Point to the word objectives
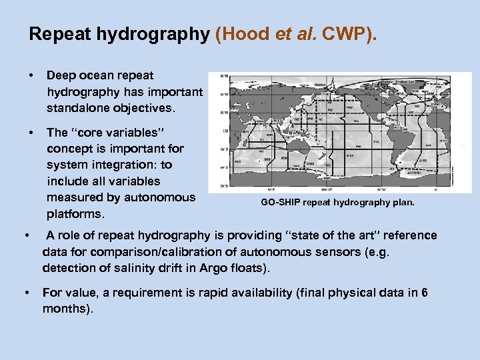pos(147,107)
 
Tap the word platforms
pos(75,214)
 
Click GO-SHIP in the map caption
pos(279,202)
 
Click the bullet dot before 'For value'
pos(25,293)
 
